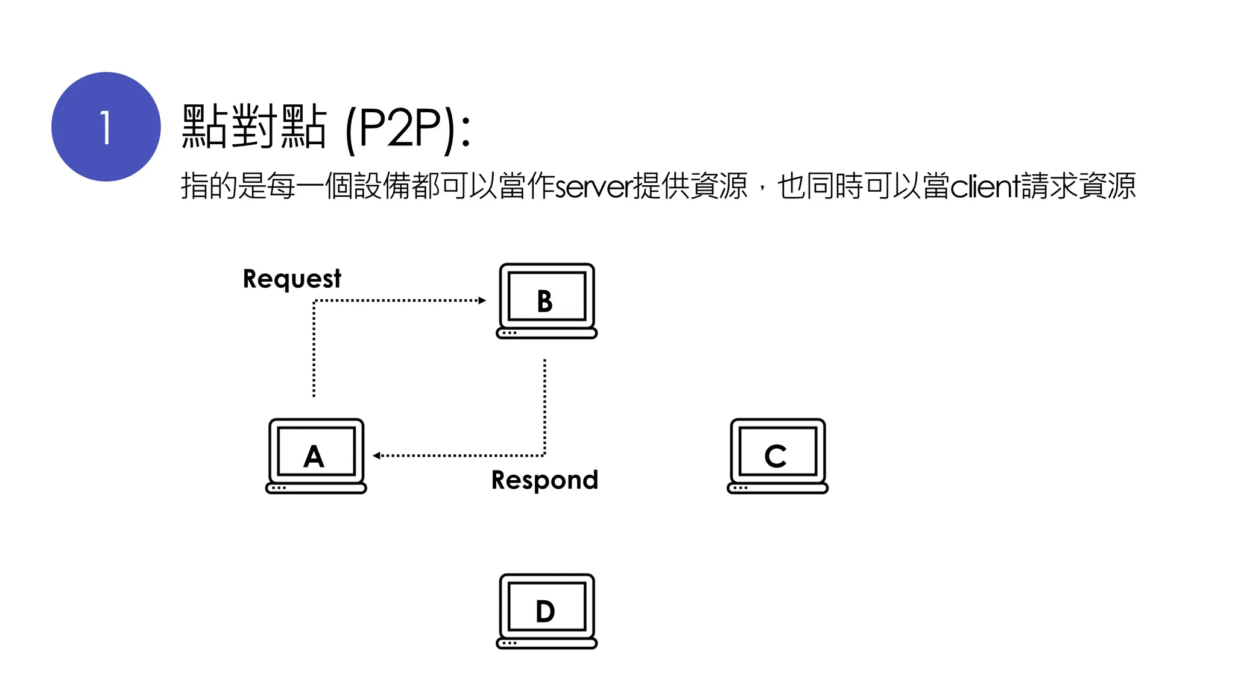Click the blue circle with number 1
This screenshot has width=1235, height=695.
(x=106, y=127)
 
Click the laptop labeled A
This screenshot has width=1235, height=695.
(x=316, y=456)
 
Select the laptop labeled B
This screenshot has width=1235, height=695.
(x=546, y=301)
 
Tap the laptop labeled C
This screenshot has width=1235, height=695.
(x=777, y=456)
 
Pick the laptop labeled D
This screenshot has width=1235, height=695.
(x=546, y=611)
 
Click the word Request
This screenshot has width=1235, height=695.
(x=292, y=279)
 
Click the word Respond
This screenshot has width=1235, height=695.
(x=545, y=480)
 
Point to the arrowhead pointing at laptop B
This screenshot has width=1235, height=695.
(x=482, y=300)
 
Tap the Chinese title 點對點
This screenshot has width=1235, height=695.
(x=254, y=127)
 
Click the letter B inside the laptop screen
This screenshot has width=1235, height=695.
(x=545, y=301)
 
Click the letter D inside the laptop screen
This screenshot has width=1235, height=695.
(x=545, y=612)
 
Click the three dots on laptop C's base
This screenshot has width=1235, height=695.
(x=741, y=487)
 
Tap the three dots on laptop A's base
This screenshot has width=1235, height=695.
(x=279, y=487)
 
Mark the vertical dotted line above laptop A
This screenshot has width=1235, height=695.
(x=314, y=350)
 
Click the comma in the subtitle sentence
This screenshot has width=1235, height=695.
(x=763, y=189)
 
